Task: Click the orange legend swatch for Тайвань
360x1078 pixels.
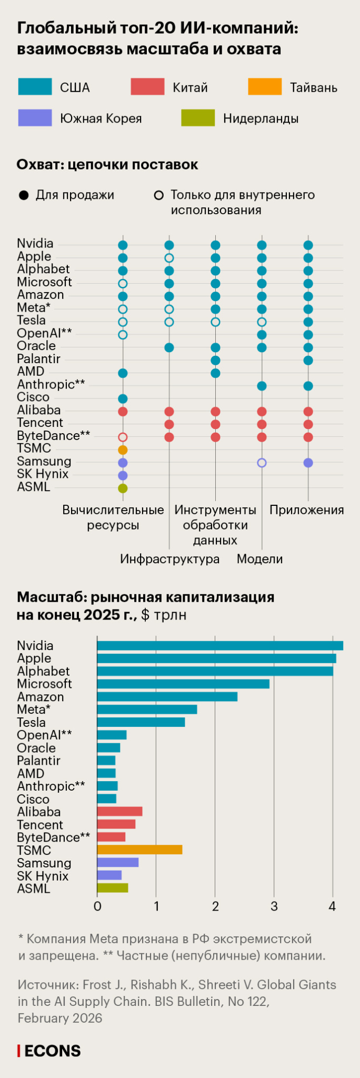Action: pyautogui.click(x=265, y=87)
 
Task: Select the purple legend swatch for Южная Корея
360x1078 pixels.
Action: pyautogui.click(x=35, y=118)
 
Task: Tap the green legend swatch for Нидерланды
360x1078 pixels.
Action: pyautogui.click(x=198, y=118)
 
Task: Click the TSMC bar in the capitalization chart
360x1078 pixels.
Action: pyautogui.click(x=139, y=850)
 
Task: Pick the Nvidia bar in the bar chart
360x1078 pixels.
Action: pyautogui.click(x=220, y=645)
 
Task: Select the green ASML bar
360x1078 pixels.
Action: pyautogui.click(x=113, y=888)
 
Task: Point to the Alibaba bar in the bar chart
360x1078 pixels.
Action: pyautogui.click(x=119, y=811)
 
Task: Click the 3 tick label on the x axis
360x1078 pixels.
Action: pyautogui.click(x=274, y=906)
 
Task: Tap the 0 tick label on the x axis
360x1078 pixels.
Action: pyautogui.click(x=97, y=906)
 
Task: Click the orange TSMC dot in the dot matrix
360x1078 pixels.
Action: pyautogui.click(x=123, y=450)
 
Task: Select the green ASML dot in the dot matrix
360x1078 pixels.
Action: pyautogui.click(x=123, y=488)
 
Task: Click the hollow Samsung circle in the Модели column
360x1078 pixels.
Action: pyautogui.click(x=262, y=463)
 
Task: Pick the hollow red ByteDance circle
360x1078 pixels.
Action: pyautogui.click(x=123, y=437)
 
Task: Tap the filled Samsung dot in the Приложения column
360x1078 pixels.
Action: pyautogui.click(x=308, y=463)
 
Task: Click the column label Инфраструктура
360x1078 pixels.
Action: pyautogui.click(x=169, y=559)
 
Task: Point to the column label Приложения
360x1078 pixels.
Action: pyautogui.click(x=307, y=510)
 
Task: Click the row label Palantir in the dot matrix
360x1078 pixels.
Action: pyautogui.click(x=38, y=359)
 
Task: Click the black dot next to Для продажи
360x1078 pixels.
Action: pyautogui.click(x=23, y=196)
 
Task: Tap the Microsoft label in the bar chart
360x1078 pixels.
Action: pyautogui.click(x=44, y=684)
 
